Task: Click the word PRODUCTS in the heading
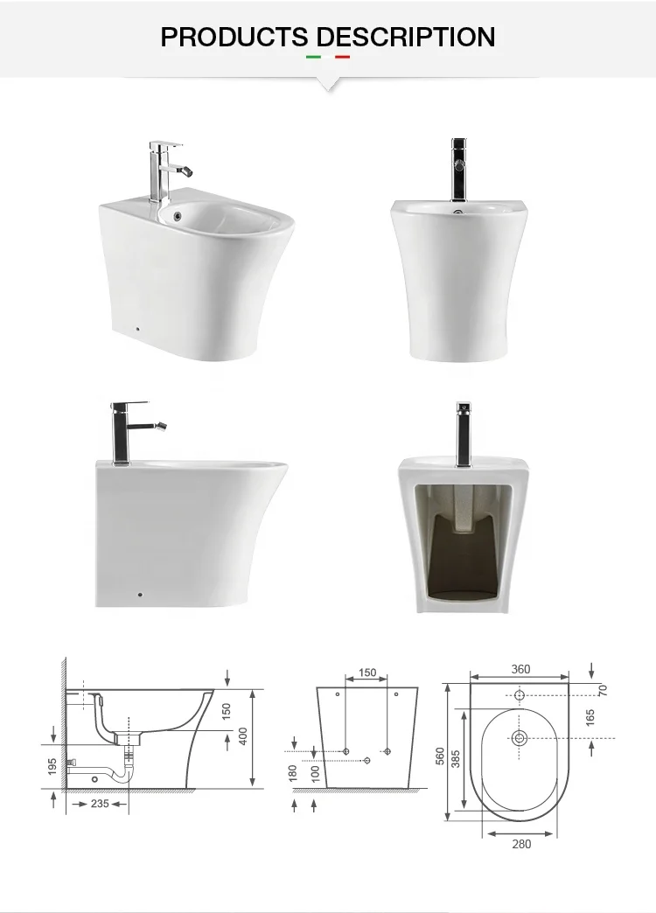point(234,37)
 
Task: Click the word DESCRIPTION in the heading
point(406,37)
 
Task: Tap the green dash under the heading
point(313,58)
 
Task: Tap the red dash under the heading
point(342,58)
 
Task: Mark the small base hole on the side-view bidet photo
point(139,596)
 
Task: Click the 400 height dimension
point(243,736)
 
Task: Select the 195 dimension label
point(52,767)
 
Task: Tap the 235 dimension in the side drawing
point(100,803)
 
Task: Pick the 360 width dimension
point(520,670)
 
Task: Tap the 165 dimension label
point(590,718)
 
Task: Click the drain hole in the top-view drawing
point(520,737)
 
